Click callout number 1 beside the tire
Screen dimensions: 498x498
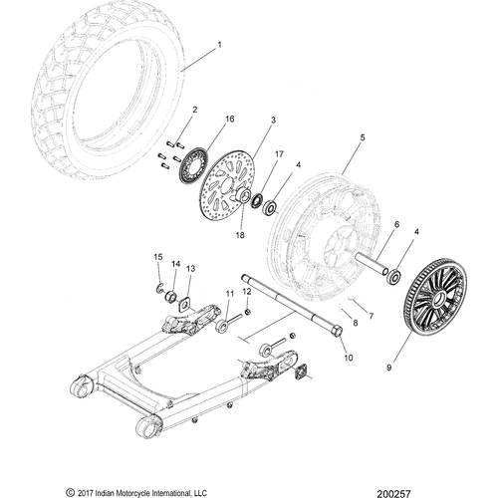coord(221,45)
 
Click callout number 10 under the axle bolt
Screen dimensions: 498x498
coord(349,357)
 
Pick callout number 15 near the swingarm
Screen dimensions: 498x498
coord(156,258)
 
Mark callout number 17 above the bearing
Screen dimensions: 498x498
coord(280,154)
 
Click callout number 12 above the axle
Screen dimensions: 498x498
coord(247,291)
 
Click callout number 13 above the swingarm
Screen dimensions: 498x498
coord(190,268)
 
